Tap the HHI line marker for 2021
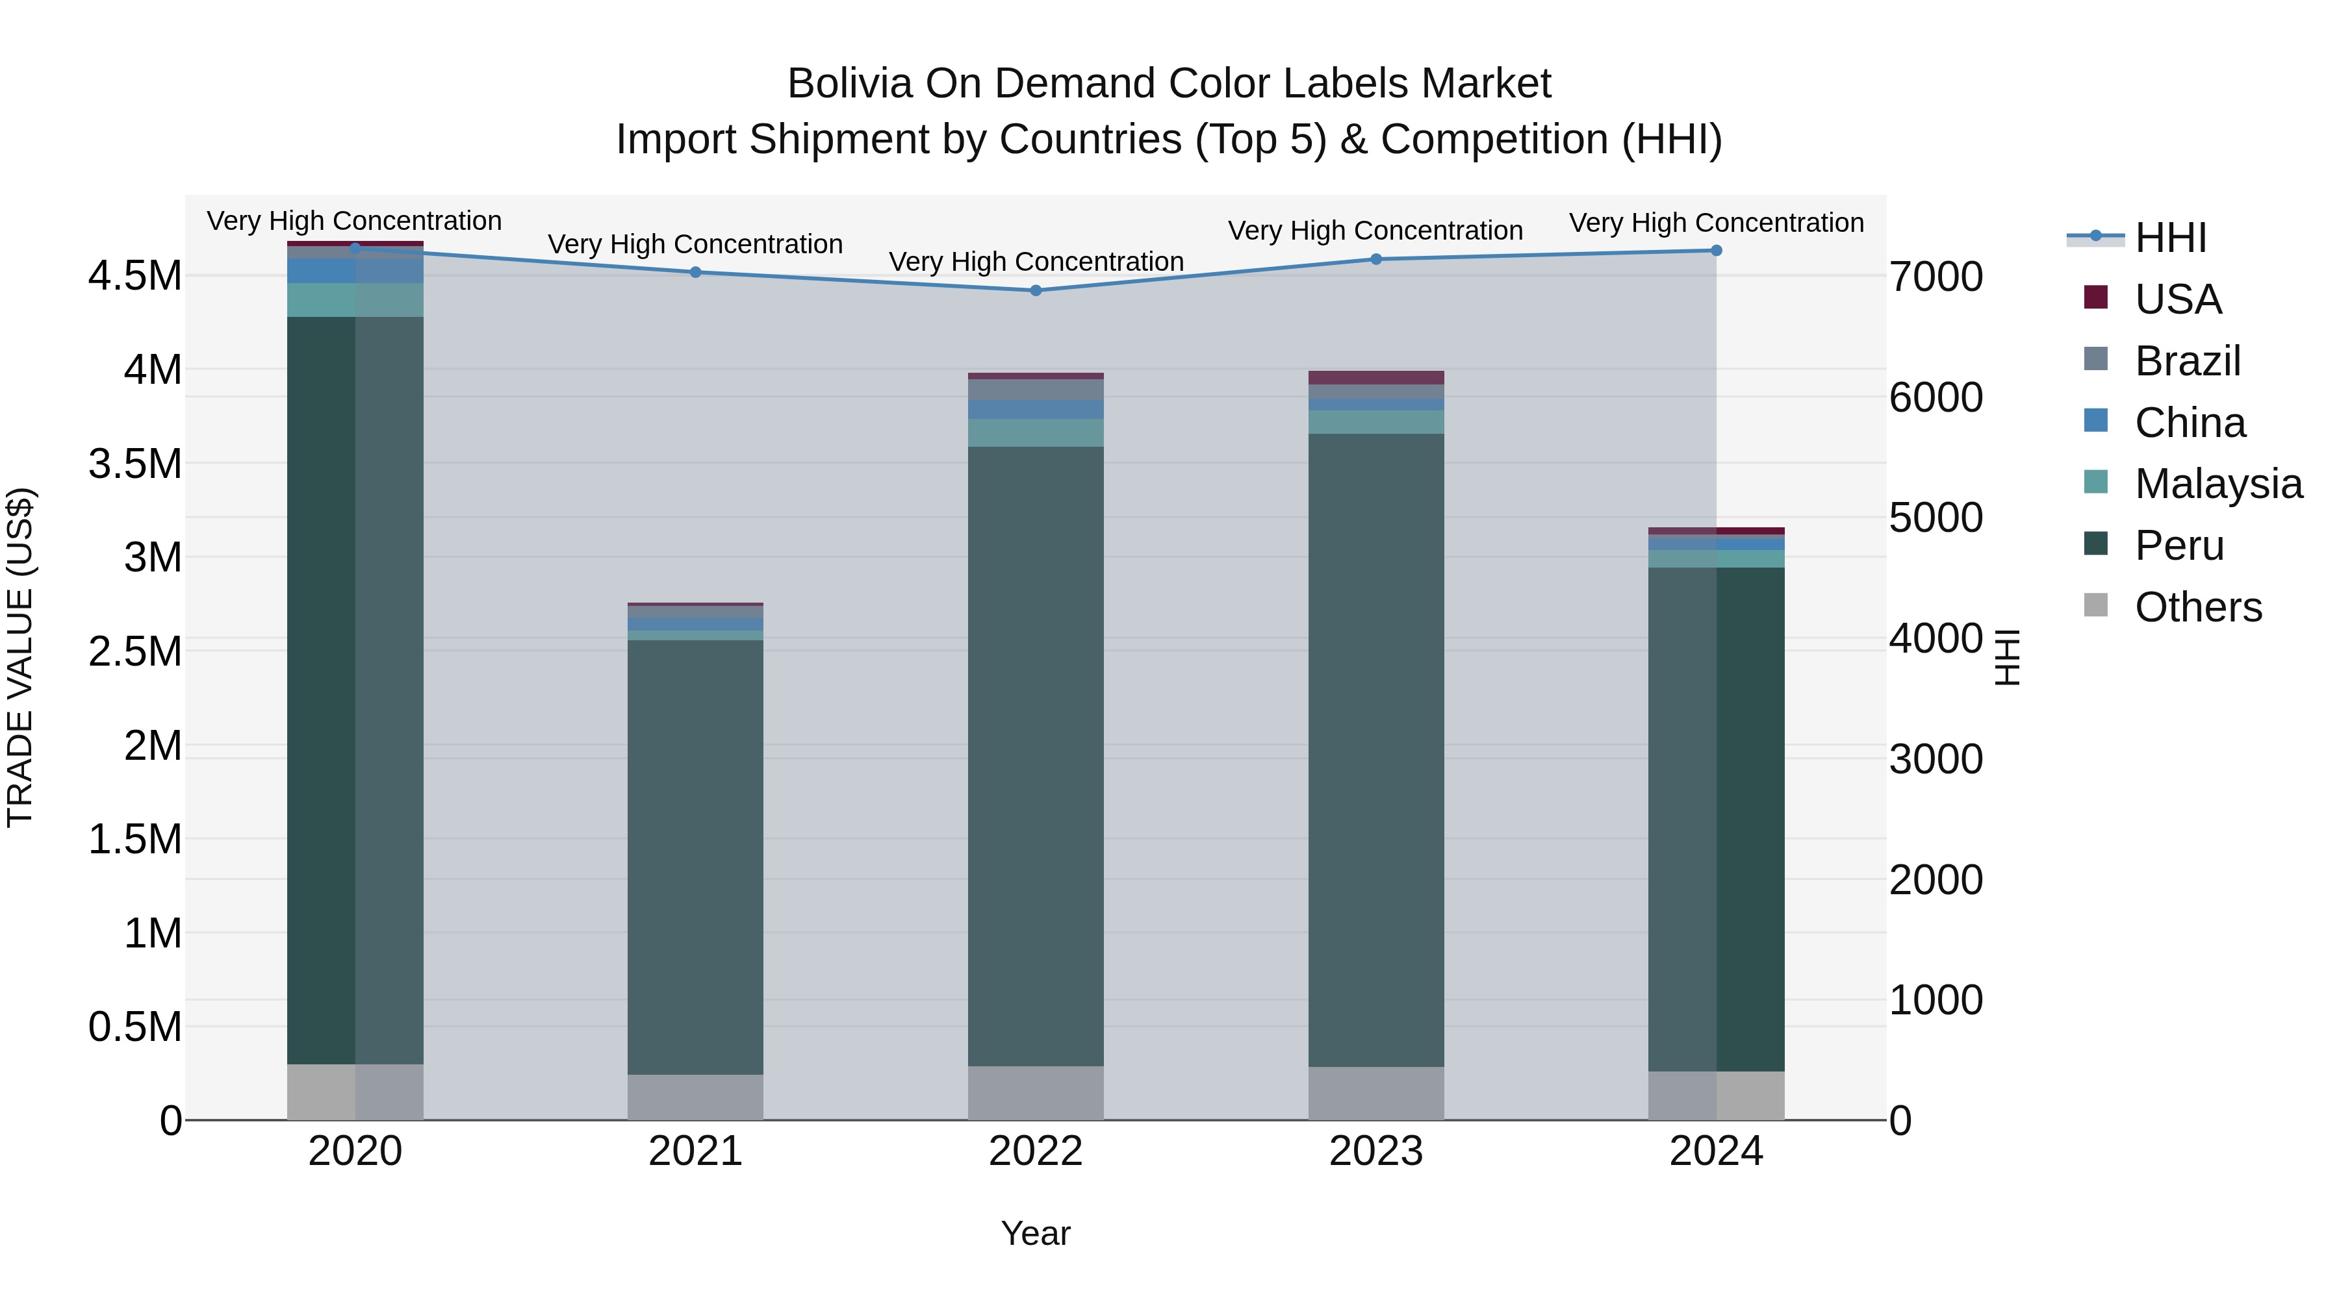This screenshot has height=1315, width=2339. (695, 272)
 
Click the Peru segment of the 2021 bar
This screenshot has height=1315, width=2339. (695, 858)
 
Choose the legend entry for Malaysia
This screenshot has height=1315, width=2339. (2218, 484)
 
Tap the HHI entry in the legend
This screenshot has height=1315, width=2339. (2170, 238)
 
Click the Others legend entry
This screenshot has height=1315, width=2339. (2197, 607)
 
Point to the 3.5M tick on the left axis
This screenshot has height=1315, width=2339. (134, 464)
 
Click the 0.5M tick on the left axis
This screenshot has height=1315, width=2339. (134, 1027)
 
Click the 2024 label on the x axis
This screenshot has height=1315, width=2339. (1716, 1151)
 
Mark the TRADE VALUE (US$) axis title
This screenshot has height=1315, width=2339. (20, 657)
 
